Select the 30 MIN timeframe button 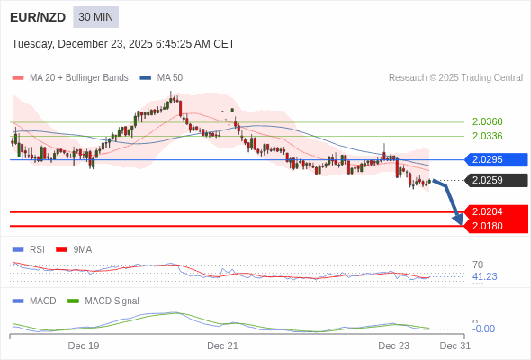(x=95, y=17)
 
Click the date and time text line (x=123, y=43)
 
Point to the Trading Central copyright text (x=455, y=78)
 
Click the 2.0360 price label (x=487, y=121)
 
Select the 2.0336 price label (x=487, y=136)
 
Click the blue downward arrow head (x=458, y=219)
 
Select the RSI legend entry (x=36, y=249)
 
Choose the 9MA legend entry (x=82, y=249)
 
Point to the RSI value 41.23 (x=484, y=276)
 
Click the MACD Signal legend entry (x=112, y=301)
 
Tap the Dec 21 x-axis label (x=222, y=346)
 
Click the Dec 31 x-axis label (x=454, y=346)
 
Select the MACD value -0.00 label (x=483, y=328)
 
